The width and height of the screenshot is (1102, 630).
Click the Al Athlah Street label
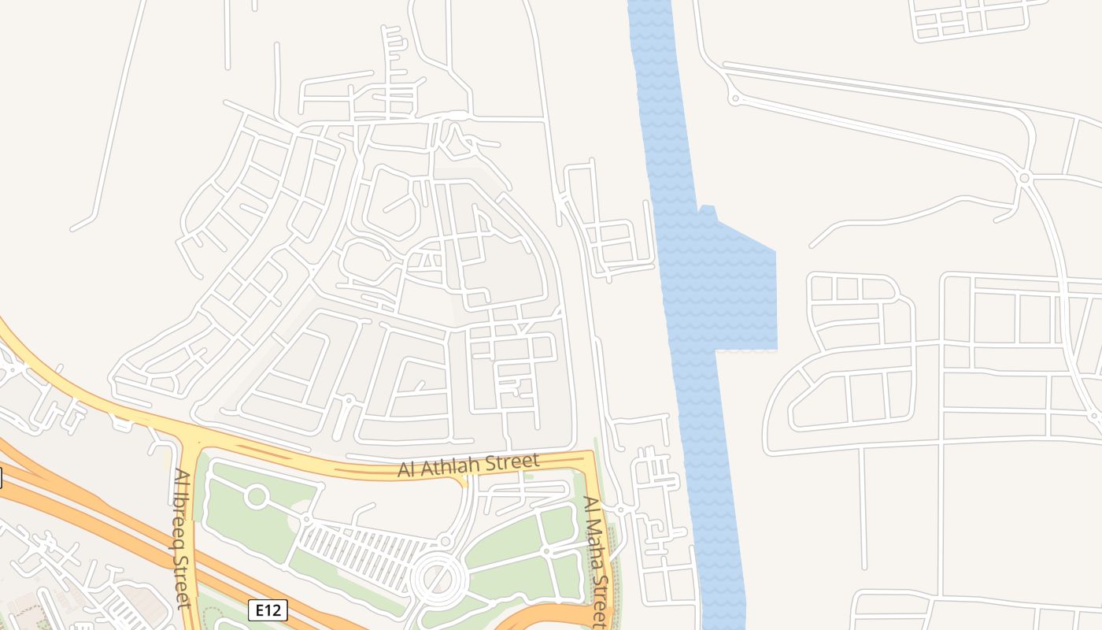coord(468,465)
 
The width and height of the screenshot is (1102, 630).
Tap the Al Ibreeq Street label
coord(182,539)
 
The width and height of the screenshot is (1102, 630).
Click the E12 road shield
coord(268,610)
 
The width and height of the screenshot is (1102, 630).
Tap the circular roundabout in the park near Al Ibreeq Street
coord(257,497)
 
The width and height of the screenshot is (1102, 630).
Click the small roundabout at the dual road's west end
coord(734,98)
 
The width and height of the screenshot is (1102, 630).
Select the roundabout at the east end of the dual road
coord(1024,179)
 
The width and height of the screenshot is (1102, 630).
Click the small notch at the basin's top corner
coord(707,209)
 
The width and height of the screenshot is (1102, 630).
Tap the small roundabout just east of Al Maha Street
coord(620,510)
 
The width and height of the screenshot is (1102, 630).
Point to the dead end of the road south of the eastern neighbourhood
coord(864,567)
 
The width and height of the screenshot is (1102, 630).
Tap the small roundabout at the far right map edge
coord(1095,416)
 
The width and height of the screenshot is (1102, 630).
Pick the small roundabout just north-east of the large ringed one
coord(446,541)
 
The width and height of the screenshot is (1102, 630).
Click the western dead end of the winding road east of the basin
coord(812,246)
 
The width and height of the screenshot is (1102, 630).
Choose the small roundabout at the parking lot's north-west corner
coord(305,521)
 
